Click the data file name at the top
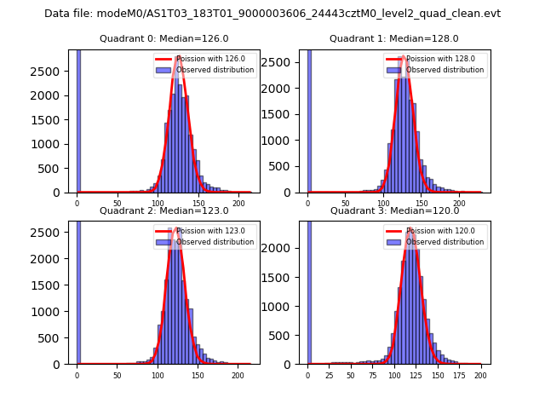(x=272, y=14)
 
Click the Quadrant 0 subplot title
(x=163, y=38)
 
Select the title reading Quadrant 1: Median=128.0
(x=393, y=38)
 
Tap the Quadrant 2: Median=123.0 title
(x=163, y=210)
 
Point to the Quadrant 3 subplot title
(x=393, y=210)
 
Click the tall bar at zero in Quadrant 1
(x=309, y=119)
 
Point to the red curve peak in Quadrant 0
(x=178, y=57)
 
